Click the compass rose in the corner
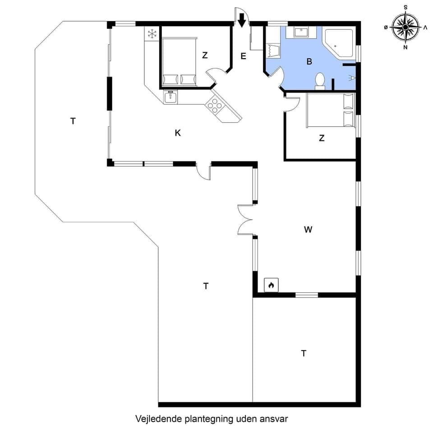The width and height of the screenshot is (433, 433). pos(405,27)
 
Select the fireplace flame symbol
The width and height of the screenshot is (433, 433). pos(271,285)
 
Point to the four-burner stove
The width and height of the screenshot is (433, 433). pos(214,106)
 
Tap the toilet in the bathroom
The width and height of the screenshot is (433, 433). pos(320,80)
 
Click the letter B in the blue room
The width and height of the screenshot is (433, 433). pos(309,62)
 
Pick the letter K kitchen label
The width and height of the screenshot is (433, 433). pos(178,133)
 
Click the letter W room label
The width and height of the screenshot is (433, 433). pos(308,229)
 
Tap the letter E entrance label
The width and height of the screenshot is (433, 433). pos(243,56)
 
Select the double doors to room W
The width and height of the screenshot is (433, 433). pos(245,220)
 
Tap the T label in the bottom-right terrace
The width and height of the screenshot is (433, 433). pos(304,353)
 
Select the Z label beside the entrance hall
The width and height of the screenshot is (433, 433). pos(205,55)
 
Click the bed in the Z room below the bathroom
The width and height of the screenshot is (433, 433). pos(329,111)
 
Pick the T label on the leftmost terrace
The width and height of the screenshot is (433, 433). pos(73,120)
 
